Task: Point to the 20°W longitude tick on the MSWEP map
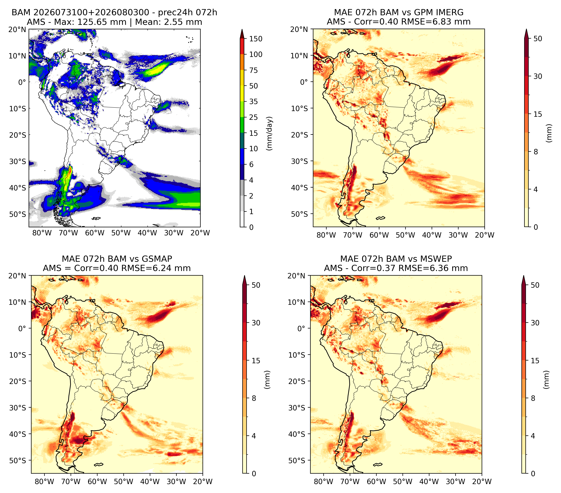click(482, 482)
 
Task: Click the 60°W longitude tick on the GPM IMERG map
click(379, 235)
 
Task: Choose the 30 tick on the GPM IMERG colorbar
click(538, 76)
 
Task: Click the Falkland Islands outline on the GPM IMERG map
click(380, 218)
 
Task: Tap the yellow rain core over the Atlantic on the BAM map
click(155, 71)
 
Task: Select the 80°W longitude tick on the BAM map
click(42, 233)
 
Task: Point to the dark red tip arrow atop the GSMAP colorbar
click(245, 280)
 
